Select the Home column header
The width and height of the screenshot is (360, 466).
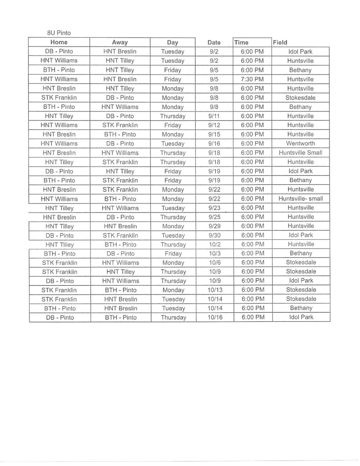(x=59, y=42)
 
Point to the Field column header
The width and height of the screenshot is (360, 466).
(x=280, y=42)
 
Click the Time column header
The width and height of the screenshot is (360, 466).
(x=241, y=42)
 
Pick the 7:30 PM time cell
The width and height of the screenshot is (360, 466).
(x=253, y=79)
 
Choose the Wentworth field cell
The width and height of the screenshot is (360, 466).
(x=300, y=143)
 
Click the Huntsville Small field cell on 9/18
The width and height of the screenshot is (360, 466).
(x=300, y=153)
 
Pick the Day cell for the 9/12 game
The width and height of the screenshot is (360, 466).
(x=173, y=125)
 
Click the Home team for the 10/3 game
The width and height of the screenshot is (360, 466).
(x=59, y=253)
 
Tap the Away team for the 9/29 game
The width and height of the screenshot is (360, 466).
(x=120, y=226)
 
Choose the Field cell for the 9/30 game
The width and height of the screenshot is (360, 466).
(x=300, y=235)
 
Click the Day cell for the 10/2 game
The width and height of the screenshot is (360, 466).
(x=173, y=244)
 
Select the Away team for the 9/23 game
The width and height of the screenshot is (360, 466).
(x=120, y=208)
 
